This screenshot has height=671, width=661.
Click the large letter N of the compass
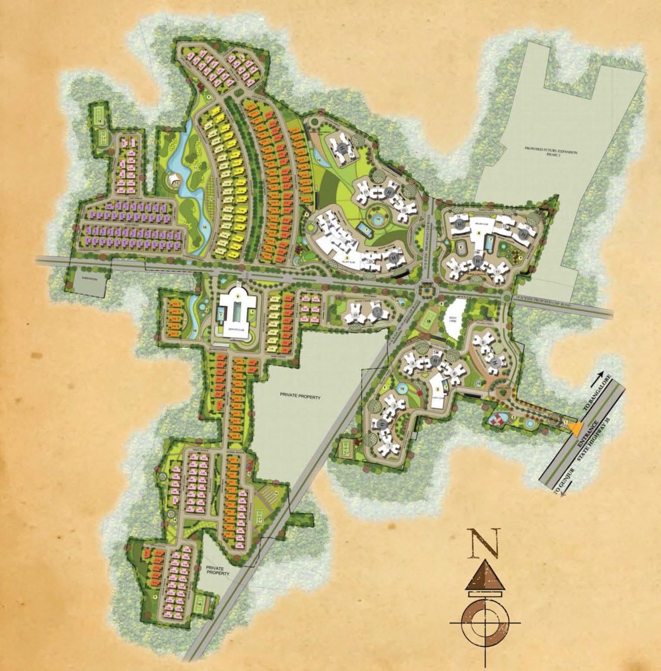click(485, 542)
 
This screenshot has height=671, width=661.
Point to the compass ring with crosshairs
click(485, 622)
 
